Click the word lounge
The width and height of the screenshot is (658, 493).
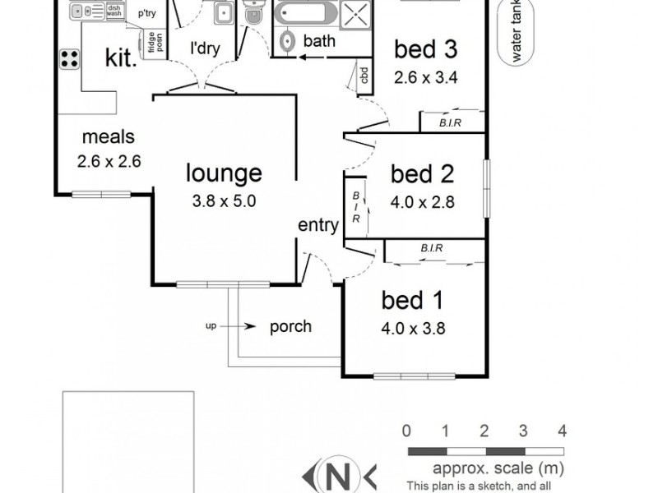pos(223,173)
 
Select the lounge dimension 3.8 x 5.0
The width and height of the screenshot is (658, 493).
pos(223,200)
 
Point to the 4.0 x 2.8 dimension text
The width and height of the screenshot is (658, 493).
pos(423,201)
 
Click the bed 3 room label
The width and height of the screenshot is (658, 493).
pos(425,50)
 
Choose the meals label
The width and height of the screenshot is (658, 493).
pos(109,137)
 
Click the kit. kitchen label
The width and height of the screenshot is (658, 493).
pos(120,58)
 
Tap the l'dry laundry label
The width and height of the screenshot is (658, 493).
pos(204,48)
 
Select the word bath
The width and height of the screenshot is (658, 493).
pos(319,41)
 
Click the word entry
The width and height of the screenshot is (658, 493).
pos(318,225)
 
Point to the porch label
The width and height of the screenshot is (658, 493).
pos(290,326)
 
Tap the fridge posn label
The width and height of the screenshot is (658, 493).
pos(153,42)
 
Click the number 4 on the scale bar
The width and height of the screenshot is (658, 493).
pos(562,431)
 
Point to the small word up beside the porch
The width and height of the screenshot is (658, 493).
pos(211,326)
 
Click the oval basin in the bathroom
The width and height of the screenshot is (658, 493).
pos(287,41)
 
